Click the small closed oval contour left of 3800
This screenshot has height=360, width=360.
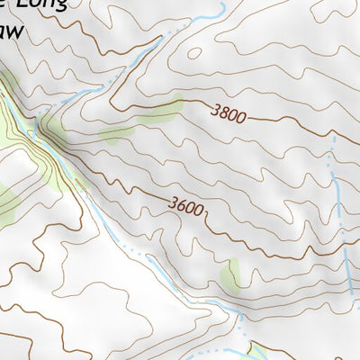coord(193,51)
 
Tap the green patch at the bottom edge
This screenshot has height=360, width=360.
coord(261,350)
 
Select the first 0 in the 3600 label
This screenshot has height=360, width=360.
coord(190,207)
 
